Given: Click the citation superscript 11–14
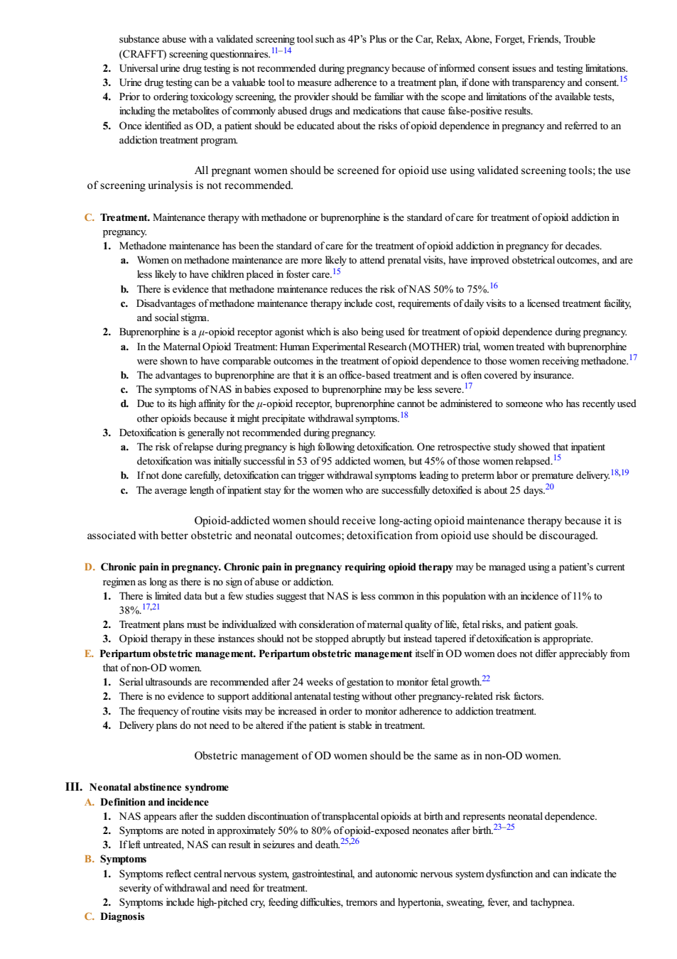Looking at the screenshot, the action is (x=281, y=51).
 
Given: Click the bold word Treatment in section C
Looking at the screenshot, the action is (x=125, y=217).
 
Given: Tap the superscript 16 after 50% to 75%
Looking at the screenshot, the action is (x=493, y=286).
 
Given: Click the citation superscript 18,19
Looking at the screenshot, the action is (x=619, y=472).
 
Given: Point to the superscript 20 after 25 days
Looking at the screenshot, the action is (x=549, y=487).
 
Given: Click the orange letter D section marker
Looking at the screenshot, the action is (x=90, y=568).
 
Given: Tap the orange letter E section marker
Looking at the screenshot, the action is (x=89, y=654).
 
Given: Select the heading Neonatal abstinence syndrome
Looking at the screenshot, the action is (x=159, y=787).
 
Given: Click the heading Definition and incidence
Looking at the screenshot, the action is (x=155, y=802).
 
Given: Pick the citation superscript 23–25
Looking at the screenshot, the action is (x=504, y=827).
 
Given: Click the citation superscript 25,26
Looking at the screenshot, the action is (x=350, y=841).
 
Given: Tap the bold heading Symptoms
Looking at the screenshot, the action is (x=124, y=860).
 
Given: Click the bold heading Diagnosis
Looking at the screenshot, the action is (x=122, y=916).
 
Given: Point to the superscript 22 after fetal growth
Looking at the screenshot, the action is (x=486, y=678).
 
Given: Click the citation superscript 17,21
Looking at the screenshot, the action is (x=151, y=607).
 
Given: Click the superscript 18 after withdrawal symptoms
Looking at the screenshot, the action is (x=404, y=415).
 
